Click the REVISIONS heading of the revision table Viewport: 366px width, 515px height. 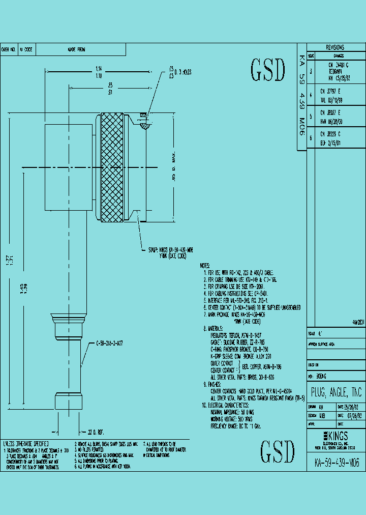click(x=334, y=47)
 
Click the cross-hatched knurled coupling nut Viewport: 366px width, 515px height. click(x=112, y=167)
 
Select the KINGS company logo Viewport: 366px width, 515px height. click(x=335, y=436)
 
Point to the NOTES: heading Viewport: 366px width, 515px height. click(x=205, y=266)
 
